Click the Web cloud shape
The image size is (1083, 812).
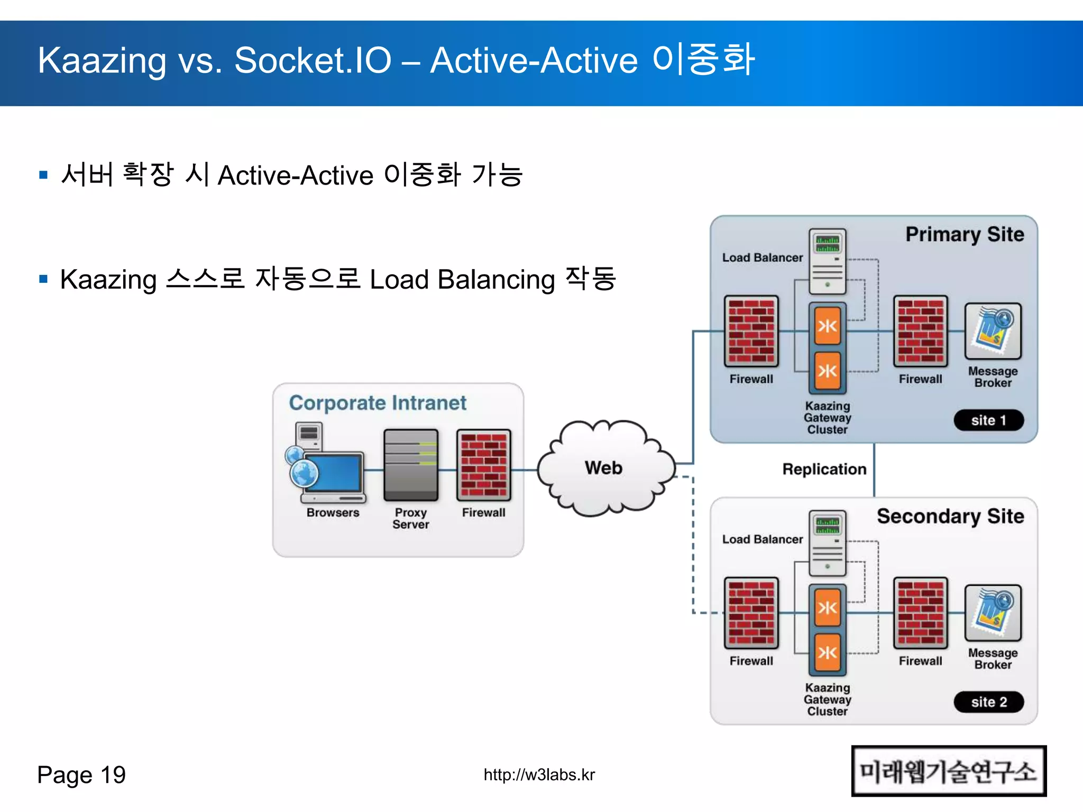[604, 468]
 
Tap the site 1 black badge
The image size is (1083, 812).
[988, 420]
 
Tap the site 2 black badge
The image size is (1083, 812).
[988, 702]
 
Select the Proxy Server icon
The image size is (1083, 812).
[411, 465]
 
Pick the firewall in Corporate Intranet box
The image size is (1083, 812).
[483, 465]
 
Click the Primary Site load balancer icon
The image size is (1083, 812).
[828, 262]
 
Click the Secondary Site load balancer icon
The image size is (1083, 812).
[828, 543]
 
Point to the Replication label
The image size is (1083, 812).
[824, 469]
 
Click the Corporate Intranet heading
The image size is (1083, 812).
[378, 403]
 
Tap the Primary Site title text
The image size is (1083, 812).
[965, 234]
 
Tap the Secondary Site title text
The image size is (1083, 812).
[950, 516]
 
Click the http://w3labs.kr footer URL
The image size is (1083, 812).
[539, 775]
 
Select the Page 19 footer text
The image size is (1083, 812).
[81, 775]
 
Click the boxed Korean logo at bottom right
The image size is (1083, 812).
[948, 771]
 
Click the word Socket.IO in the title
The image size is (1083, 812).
[313, 60]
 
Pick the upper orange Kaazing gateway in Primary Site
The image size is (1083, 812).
[828, 326]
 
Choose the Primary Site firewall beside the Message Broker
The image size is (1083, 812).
[920, 331]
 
